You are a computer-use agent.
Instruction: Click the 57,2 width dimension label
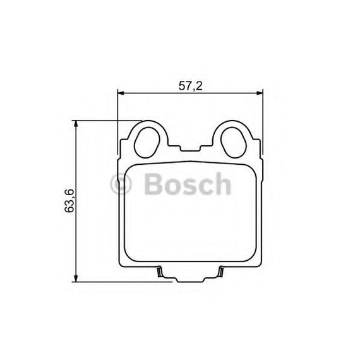click(190, 86)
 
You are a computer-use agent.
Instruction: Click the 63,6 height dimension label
click(69, 200)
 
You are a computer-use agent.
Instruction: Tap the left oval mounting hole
click(147, 142)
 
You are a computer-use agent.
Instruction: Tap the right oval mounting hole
click(234, 142)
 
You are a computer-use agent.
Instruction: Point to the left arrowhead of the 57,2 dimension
click(121, 93)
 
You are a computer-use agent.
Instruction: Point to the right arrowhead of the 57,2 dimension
click(259, 93)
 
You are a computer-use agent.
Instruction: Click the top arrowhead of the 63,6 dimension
click(76, 124)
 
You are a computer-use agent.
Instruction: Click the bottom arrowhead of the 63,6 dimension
click(76, 279)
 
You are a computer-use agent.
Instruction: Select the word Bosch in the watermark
click(188, 184)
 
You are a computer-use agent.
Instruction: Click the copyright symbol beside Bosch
click(121, 184)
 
